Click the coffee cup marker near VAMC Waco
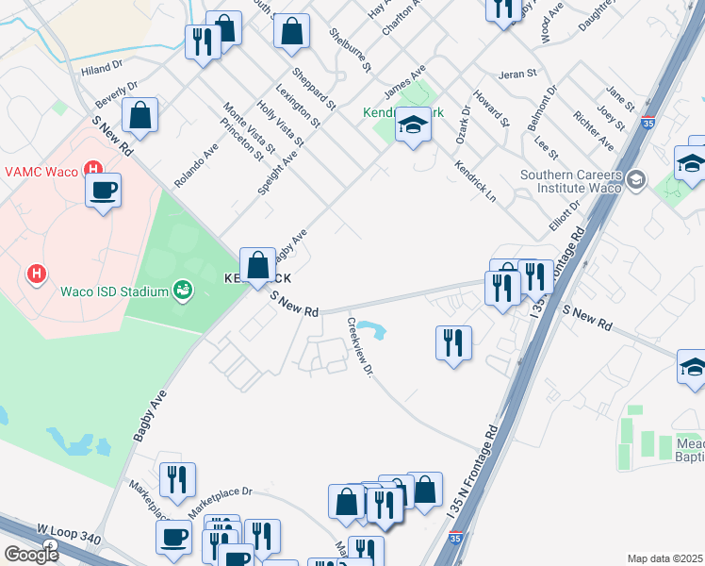[x=103, y=191]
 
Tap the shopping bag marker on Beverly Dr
[x=139, y=117]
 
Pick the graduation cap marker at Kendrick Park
[x=412, y=125]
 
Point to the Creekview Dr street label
[x=361, y=347]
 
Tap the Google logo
[x=30, y=555]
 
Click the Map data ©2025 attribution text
[x=664, y=558]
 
